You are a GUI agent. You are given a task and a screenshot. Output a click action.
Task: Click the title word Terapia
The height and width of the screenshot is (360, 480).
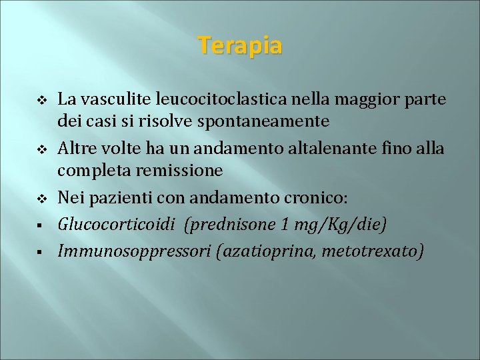(240, 46)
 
